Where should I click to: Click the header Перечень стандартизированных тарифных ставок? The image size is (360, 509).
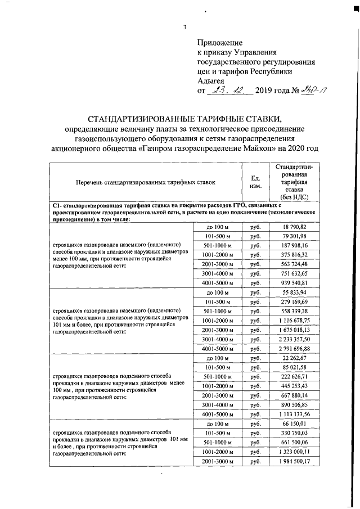point(146,183)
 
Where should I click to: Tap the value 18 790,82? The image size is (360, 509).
point(295,226)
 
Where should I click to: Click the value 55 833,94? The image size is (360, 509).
point(295,293)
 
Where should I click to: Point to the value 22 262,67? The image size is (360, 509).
point(295,358)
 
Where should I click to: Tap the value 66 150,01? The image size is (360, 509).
point(295,423)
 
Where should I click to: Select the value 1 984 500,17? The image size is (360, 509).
point(294,462)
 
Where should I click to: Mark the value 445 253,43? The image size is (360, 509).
point(295,386)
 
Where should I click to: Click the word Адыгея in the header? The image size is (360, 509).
point(210,81)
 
